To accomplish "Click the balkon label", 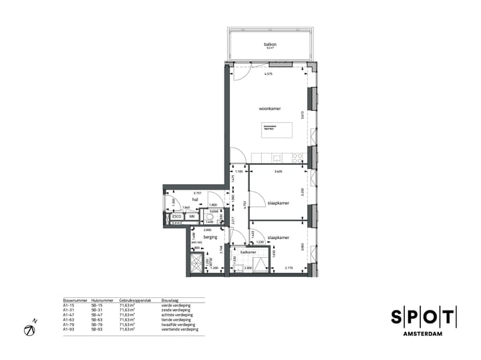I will pos(271,44).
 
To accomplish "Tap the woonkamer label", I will pos(269,108).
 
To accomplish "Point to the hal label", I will pos(196,199).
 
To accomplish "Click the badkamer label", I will pos(249,252).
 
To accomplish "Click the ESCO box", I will pos(177,217).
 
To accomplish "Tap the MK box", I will pos(192,217).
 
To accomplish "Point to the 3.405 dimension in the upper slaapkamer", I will pos(278,172).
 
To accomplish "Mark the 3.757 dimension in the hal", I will pos(197,192).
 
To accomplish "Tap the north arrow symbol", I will pos(30,330).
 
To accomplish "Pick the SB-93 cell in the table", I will pos(96,329).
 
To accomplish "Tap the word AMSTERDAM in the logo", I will pos(424,333).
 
